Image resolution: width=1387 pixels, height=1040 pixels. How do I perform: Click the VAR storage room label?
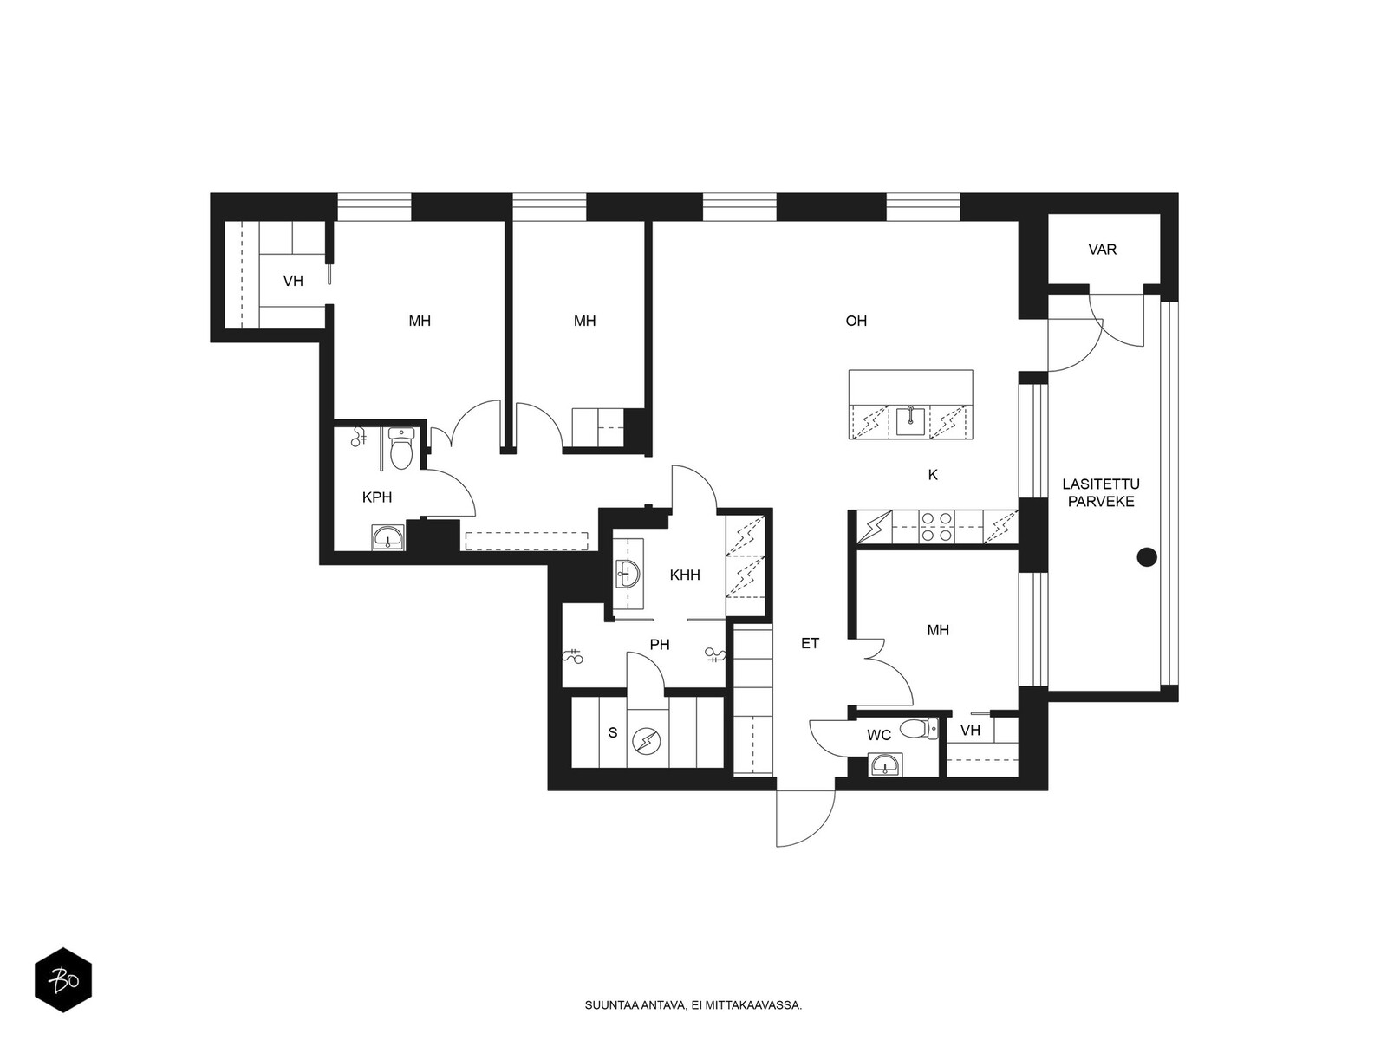pos(1102,250)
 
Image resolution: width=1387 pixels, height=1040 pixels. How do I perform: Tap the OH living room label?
pos(856,321)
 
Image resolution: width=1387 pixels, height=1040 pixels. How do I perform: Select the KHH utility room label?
pos(685,575)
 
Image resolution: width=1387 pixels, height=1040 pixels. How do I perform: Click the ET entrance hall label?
pos(810,643)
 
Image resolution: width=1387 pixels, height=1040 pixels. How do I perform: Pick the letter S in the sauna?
pos(612,732)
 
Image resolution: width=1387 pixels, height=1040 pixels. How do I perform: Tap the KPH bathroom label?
pos(377,497)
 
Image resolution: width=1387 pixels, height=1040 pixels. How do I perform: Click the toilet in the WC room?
pos(922,729)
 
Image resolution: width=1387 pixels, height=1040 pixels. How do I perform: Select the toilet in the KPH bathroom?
pos(400,448)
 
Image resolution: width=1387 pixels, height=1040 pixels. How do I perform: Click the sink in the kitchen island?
pos(910,421)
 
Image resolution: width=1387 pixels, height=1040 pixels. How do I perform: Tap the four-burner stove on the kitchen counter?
pos(937,527)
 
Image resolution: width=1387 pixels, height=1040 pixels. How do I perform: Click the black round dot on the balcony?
pos(1147,557)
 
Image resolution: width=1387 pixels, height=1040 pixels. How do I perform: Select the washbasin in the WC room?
pos(886,764)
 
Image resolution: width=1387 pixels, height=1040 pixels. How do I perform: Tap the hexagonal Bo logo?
pos(63,980)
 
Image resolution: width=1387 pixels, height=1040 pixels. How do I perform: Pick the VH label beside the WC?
pos(971,731)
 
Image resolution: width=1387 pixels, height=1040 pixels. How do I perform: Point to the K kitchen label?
pos(933,475)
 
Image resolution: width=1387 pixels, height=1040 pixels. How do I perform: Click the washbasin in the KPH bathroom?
pos(387,537)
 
